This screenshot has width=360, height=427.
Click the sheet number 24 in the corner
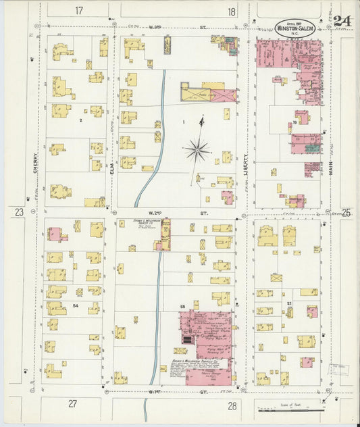[x=342, y=20]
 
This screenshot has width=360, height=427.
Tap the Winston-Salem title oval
[x=295, y=27]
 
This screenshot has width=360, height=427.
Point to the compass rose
[x=197, y=148]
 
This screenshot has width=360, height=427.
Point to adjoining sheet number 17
[x=80, y=11]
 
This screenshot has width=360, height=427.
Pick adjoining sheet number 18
[x=232, y=11]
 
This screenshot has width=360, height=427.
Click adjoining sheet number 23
[x=19, y=213]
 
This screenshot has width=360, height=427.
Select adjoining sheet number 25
[x=346, y=213]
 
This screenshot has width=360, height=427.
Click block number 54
[x=76, y=306]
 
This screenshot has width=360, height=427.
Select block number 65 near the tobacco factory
[x=182, y=307]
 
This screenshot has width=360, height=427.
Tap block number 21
[x=288, y=304]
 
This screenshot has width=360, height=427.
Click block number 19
[x=295, y=122]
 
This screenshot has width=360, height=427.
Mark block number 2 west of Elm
[x=80, y=120]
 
